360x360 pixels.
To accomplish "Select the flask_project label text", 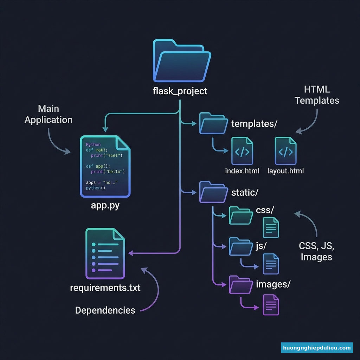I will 180,91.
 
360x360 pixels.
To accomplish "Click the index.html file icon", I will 242,151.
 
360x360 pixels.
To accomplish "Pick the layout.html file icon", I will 285,151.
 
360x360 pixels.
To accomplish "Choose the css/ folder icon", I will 241,215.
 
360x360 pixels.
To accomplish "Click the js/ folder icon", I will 241,246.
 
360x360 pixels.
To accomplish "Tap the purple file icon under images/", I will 271,305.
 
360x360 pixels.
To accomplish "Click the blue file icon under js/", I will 271,264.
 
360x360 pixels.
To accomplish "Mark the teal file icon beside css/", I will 271,227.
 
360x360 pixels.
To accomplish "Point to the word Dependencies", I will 105,310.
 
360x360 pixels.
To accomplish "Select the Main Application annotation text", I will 49,114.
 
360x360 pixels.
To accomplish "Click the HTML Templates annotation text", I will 317,95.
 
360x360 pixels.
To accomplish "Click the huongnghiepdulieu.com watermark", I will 317,348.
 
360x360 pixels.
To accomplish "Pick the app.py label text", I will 105,206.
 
